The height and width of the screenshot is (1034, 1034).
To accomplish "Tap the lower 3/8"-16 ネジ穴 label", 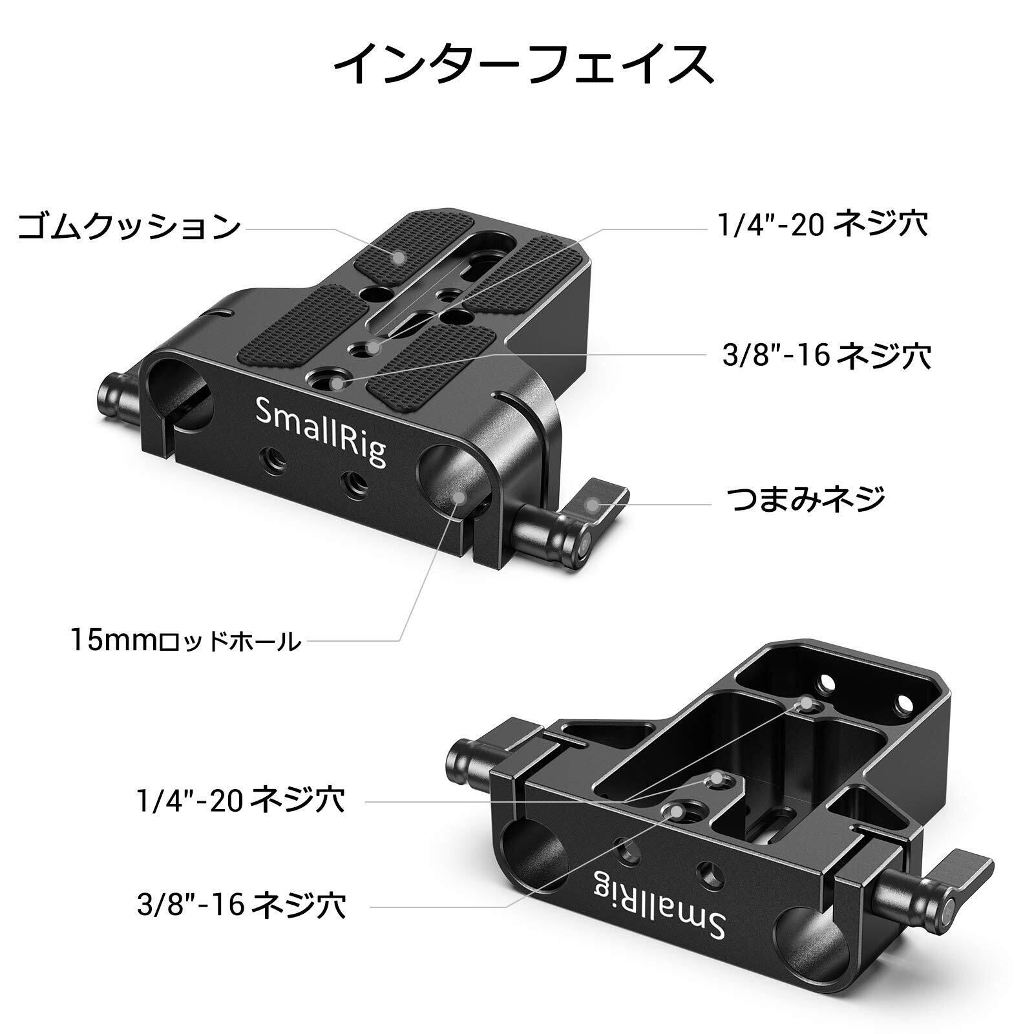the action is [241, 905].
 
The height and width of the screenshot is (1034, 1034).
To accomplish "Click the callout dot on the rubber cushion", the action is [399, 257].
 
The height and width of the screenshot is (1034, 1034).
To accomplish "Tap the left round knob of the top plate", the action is [115, 402].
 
